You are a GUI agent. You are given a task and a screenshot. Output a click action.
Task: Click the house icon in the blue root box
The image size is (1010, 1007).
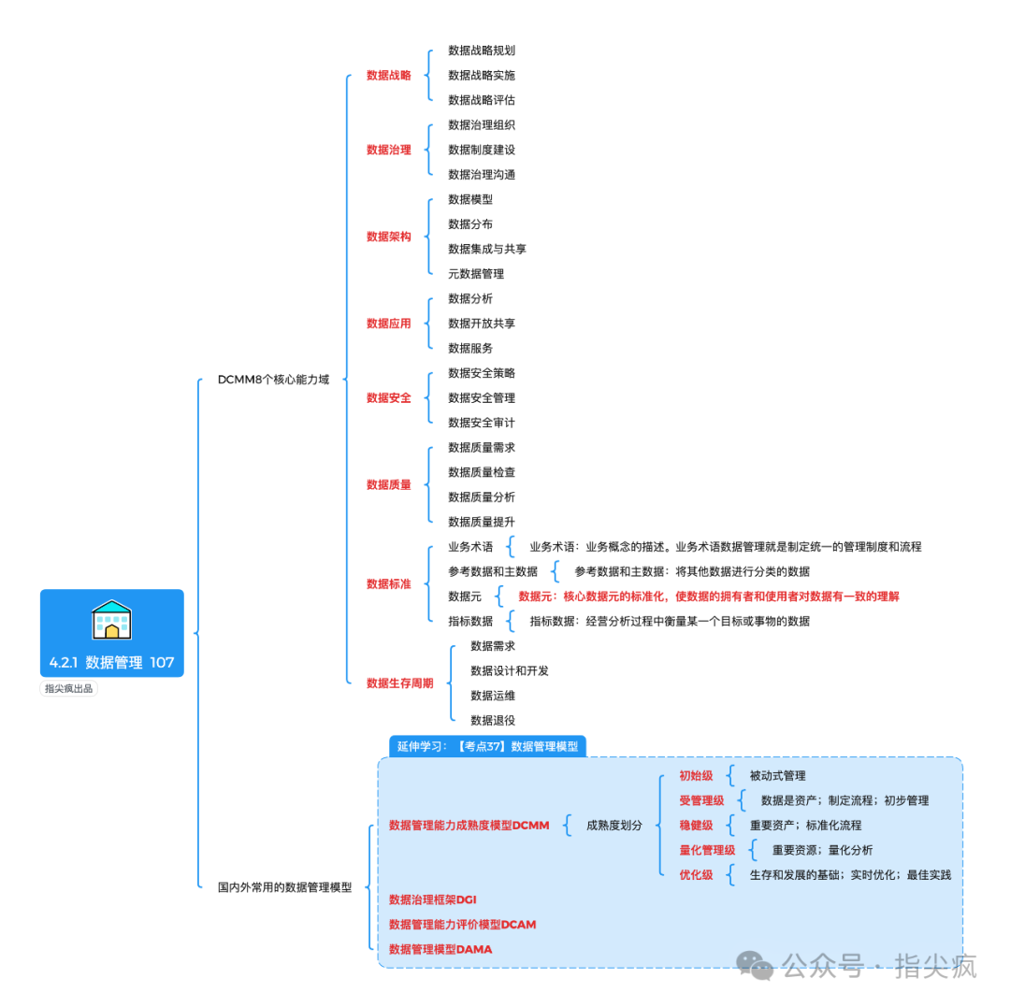click(x=111, y=620)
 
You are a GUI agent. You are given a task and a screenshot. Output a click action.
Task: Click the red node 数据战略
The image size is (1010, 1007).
click(x=388, y=75)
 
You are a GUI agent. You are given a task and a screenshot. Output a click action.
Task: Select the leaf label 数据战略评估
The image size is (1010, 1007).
click(x=482, y=100)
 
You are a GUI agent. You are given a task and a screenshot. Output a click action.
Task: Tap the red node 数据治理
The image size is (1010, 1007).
click(x=388, y=150)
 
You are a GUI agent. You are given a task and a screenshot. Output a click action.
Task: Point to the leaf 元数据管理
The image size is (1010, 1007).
click(x=476, y=274)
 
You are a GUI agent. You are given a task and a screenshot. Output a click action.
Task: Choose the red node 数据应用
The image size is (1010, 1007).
click(x=388, y=324)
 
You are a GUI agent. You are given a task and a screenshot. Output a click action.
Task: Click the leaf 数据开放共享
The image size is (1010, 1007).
click(x=482, y=324)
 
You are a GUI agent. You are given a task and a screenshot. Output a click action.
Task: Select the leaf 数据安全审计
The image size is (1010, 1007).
click(x=482, y=423)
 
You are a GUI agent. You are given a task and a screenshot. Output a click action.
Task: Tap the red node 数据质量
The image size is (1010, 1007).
click(x=388, y=484)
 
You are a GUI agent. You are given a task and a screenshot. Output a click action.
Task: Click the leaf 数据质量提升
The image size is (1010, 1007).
click(x=482, y=522)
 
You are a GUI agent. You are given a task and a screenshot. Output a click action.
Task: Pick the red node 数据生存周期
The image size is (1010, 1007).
click(x=399, y=683)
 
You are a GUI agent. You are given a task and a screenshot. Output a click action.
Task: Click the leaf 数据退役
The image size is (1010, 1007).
click(x=493, y=720)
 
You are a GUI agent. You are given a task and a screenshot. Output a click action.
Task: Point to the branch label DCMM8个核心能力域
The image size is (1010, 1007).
click(x=273, y=380)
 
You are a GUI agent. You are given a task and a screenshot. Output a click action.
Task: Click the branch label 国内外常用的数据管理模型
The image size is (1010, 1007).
click(x=284, y=887)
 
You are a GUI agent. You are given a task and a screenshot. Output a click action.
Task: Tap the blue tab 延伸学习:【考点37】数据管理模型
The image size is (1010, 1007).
click(x=487, y=746)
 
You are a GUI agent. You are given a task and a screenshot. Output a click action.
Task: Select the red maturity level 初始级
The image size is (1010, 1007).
click(x=696, y=776)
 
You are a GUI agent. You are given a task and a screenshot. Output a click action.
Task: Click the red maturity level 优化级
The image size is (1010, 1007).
click(x=696, y=875)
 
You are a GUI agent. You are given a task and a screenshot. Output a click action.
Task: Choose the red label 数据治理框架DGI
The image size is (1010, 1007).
click(x=433, y=899)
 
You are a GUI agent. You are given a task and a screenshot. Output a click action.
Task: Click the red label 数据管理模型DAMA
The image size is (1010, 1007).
click(x=440, y=949)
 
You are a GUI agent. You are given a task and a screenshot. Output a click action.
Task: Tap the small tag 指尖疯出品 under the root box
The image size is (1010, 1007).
click(x=70, y=689)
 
